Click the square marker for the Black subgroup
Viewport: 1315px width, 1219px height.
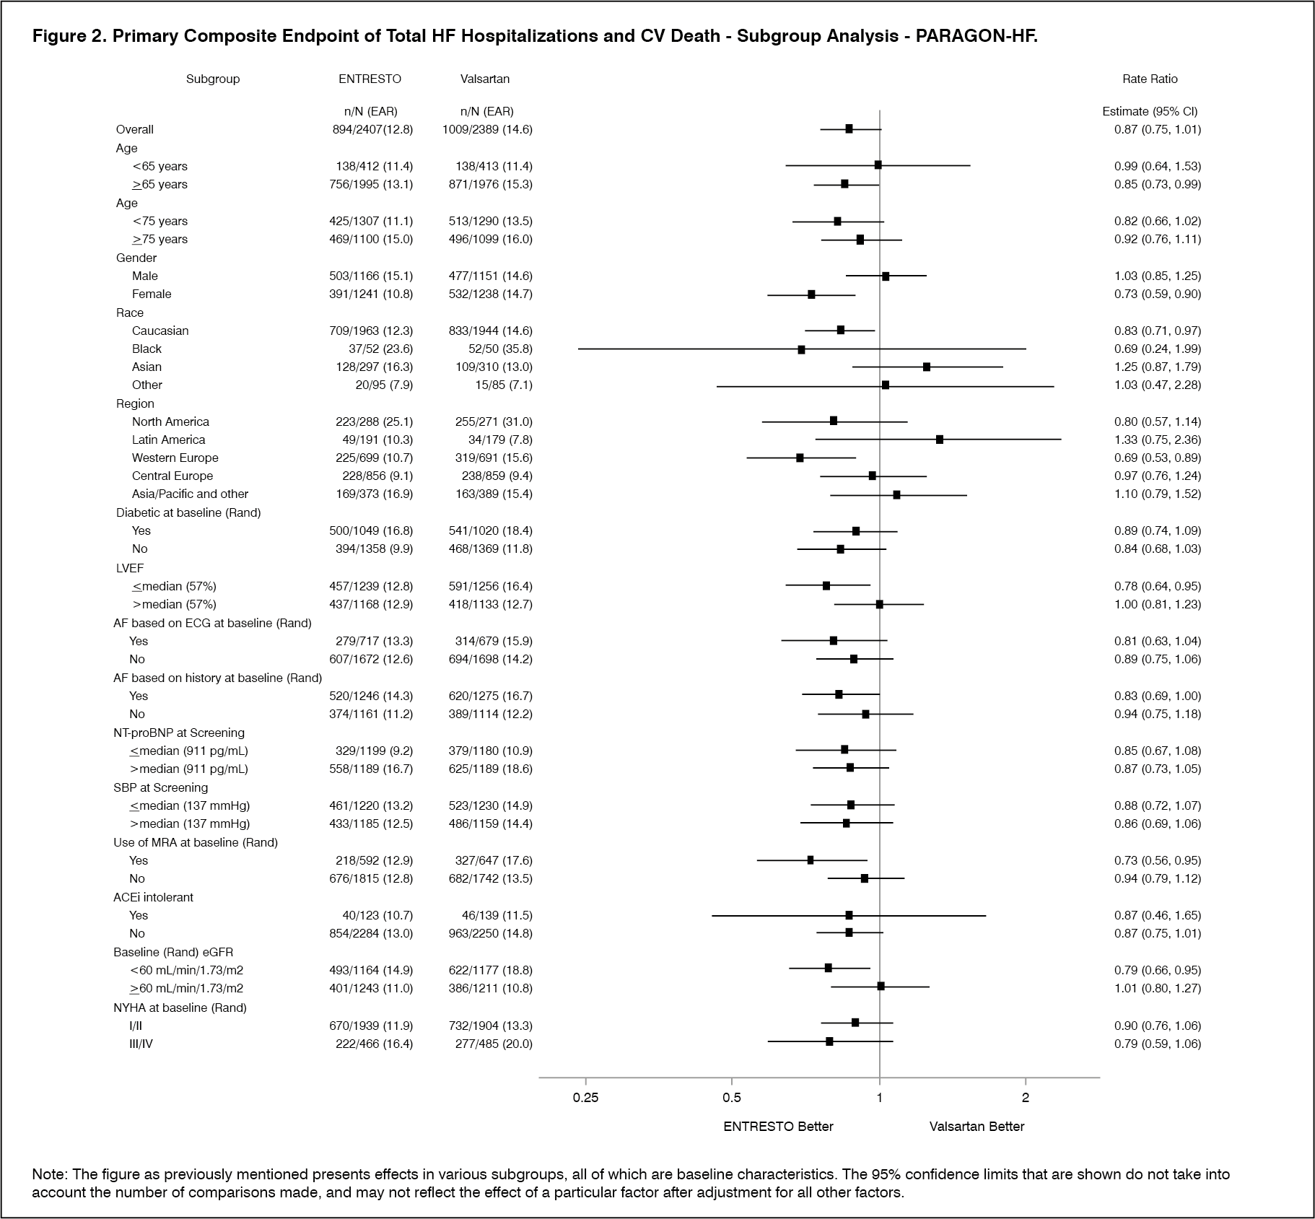(801, 349)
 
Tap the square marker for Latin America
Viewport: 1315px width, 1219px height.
(939, 440)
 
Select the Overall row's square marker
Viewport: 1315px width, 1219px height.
(849, 129)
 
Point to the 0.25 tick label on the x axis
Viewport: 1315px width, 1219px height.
(585, 1098)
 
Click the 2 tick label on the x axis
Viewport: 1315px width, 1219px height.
(1026, 1098)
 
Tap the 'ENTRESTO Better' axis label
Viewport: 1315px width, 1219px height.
(778, 1127)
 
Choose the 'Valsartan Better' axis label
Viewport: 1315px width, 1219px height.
(977, 1127)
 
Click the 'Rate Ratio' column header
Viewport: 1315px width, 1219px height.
(1150, 79)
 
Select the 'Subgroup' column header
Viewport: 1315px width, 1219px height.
(213, 79)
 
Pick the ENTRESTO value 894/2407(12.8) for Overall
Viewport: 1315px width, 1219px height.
(368, 130)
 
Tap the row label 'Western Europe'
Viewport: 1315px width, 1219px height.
(175, 458)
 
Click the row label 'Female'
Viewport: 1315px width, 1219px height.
(152, 294)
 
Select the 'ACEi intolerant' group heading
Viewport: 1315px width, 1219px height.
(153, 897)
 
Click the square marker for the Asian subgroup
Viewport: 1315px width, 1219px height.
(927, 367)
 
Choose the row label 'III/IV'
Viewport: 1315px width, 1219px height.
(141, 1044)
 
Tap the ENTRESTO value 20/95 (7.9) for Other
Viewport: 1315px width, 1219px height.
(384, 385)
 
